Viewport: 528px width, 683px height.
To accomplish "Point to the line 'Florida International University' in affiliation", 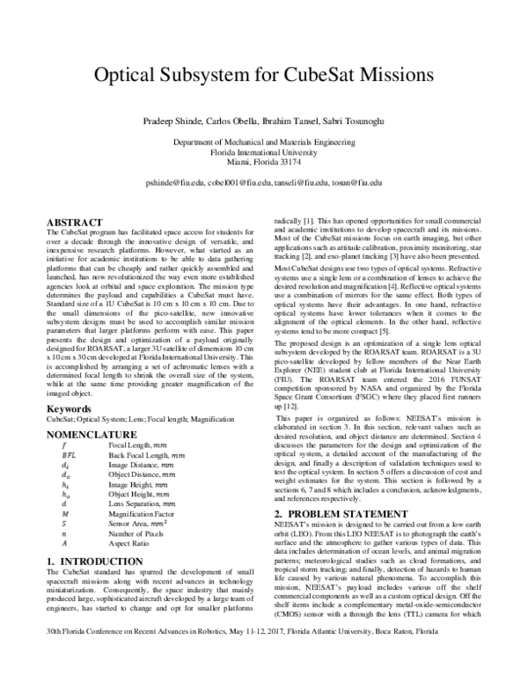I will point(263,151).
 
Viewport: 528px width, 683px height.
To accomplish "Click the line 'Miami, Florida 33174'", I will point(263,162).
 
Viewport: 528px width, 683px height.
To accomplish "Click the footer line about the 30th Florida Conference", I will point(263,656).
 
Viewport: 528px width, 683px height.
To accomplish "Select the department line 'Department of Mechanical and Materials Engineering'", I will point(263,141).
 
